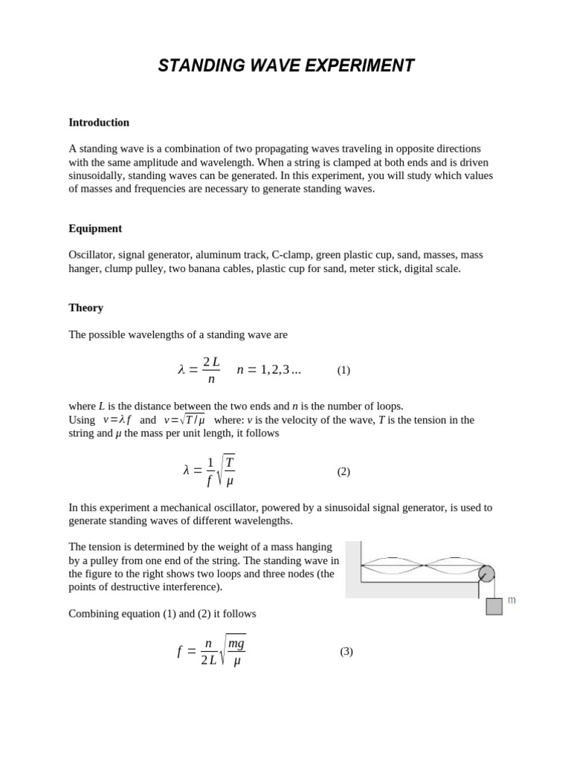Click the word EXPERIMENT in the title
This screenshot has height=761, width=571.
(x=355, y=66)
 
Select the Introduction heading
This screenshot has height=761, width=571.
(x=99, y=123)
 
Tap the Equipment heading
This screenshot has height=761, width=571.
(x=95, y=228)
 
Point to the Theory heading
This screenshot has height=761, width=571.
(x=86, y=308)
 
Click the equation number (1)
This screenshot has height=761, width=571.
(x=343, y=370)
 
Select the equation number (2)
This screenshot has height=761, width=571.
(x=343, y=471)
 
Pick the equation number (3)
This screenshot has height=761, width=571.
(x=346, y=652)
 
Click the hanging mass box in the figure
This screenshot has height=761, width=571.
(x=494, y=606)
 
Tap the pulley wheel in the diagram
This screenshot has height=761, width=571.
(x=485, y=574)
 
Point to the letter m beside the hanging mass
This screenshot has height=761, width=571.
(x=512, y=600)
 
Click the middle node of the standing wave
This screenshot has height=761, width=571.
(x=424, y=566)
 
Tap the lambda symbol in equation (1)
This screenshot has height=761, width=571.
(x=181, y=370)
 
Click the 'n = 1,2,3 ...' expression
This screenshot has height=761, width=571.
(x=268, y=370)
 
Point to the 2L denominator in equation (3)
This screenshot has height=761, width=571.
(x=208, y=661)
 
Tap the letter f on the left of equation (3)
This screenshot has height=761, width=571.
(x=180, y=652)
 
